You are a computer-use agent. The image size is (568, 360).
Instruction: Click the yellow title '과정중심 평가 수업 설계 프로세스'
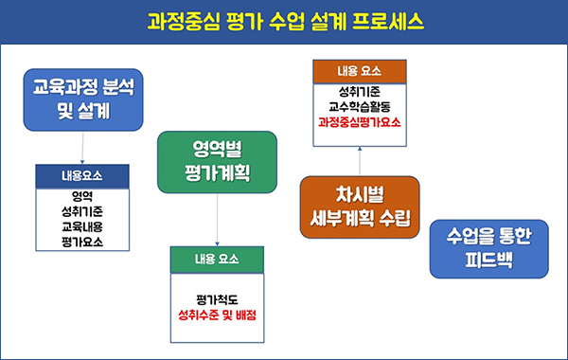[284, 20]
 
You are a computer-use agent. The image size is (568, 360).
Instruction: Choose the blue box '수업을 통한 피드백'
[490, 248]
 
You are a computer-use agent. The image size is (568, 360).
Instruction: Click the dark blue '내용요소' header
[82, 176]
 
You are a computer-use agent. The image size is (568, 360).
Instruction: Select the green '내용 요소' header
[218, 259]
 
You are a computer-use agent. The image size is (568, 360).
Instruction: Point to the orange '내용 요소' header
[360, 70]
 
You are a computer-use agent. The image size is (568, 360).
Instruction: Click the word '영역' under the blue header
[82, 197]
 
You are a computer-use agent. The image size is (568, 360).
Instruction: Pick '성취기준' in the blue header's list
[82, 212]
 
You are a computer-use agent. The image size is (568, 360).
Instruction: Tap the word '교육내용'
[82, 227]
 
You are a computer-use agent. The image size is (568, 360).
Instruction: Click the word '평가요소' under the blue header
[82, 243]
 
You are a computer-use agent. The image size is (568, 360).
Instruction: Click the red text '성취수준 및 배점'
[218, 315]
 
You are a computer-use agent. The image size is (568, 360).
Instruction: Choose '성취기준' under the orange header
[360, 91]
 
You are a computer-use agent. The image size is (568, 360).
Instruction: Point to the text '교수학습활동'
[360, 106]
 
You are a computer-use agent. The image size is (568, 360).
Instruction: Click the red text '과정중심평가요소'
[360, 122]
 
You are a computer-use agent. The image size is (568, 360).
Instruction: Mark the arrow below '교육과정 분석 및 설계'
[83, 148]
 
